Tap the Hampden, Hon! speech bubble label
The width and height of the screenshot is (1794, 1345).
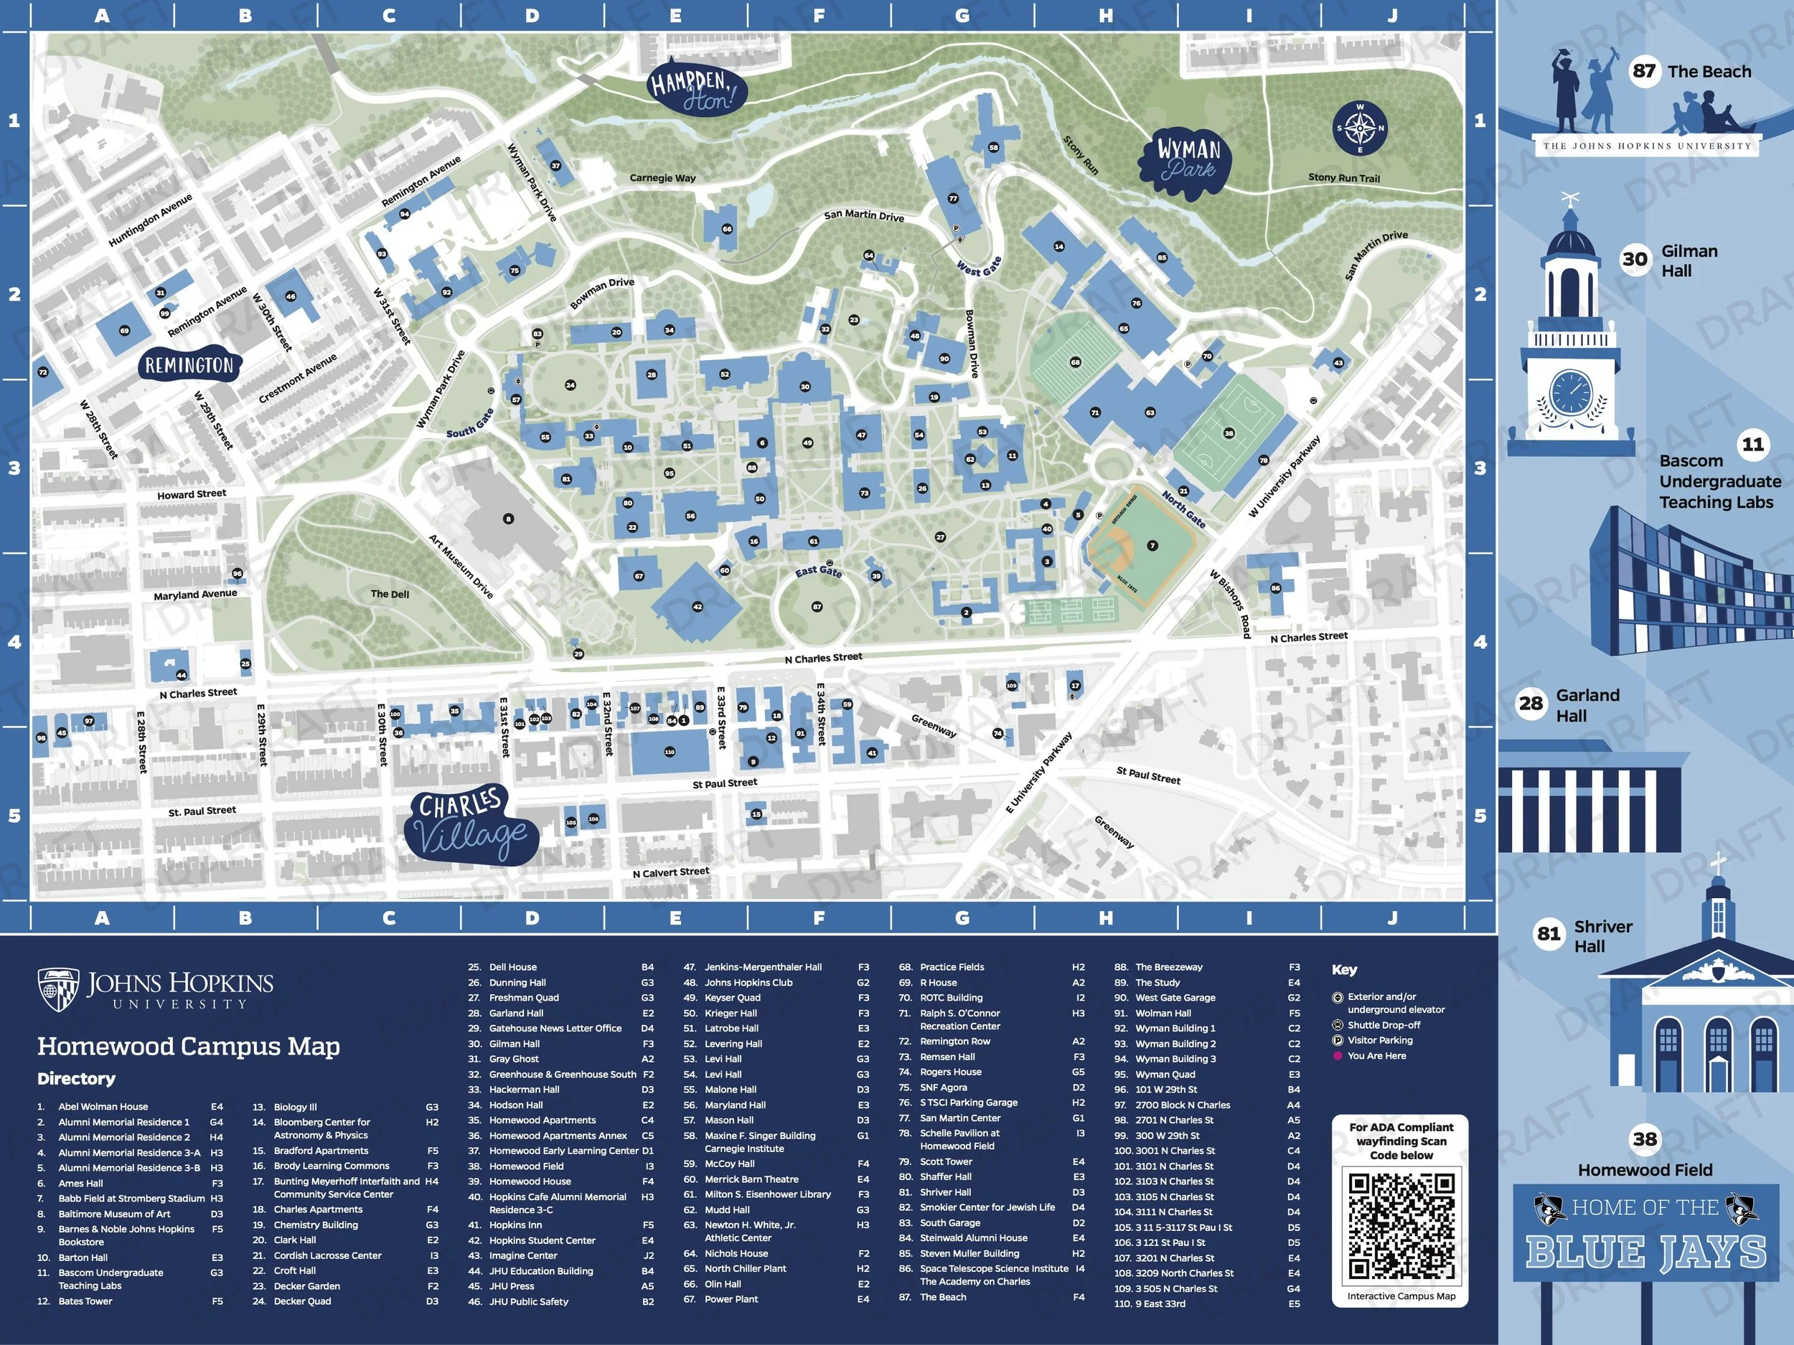pos(697,86)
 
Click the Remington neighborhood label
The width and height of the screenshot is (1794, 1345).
pos(189,366)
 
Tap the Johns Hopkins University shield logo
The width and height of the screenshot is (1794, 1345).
pos(58,990)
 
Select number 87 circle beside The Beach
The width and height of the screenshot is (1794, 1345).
pos(1644,71)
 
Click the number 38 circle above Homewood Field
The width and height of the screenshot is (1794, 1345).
pos(1644,1139)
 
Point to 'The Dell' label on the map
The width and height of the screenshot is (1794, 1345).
pos(389,594)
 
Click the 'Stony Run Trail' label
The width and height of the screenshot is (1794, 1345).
pos(1343,178)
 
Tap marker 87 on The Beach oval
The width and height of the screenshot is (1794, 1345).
pos(817,606)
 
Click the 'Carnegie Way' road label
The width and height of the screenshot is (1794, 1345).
pos(662,179)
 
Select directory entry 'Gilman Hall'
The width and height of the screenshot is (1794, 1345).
pos(515,1044)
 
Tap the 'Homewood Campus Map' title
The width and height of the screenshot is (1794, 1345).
pos(188,1046)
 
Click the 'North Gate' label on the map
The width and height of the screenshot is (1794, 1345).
pos(1183,509)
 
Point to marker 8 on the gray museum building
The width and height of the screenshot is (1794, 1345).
pos(509,519)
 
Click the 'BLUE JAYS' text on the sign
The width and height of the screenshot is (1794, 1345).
pos(1646,1252)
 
